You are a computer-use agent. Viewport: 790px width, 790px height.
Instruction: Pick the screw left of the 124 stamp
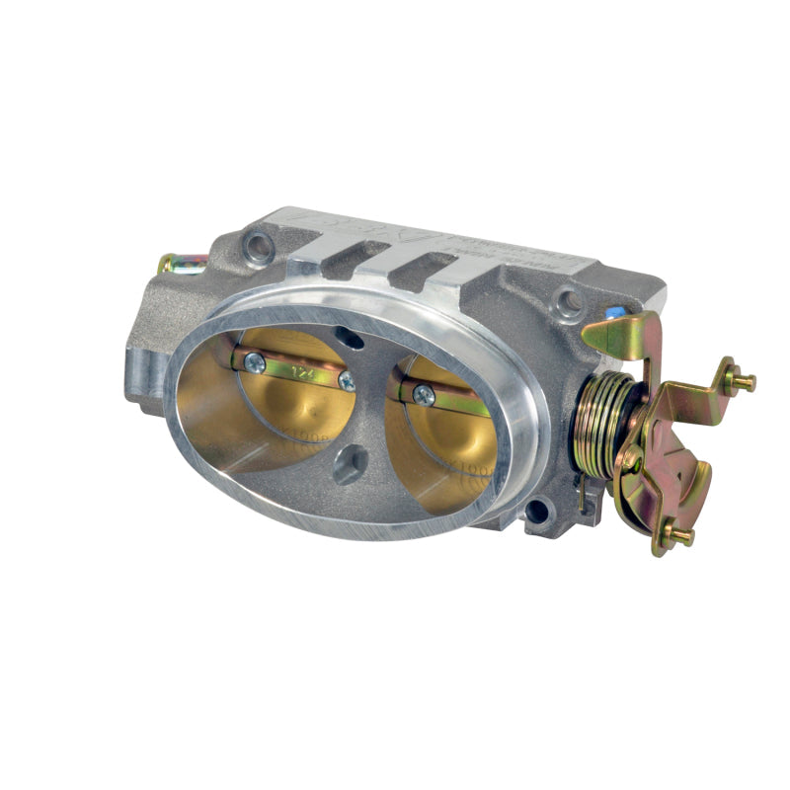tap(256, 363)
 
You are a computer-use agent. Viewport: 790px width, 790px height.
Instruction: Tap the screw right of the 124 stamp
tap(347, 381)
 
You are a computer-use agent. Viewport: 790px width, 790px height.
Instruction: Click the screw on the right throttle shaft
tap(423, 394)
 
